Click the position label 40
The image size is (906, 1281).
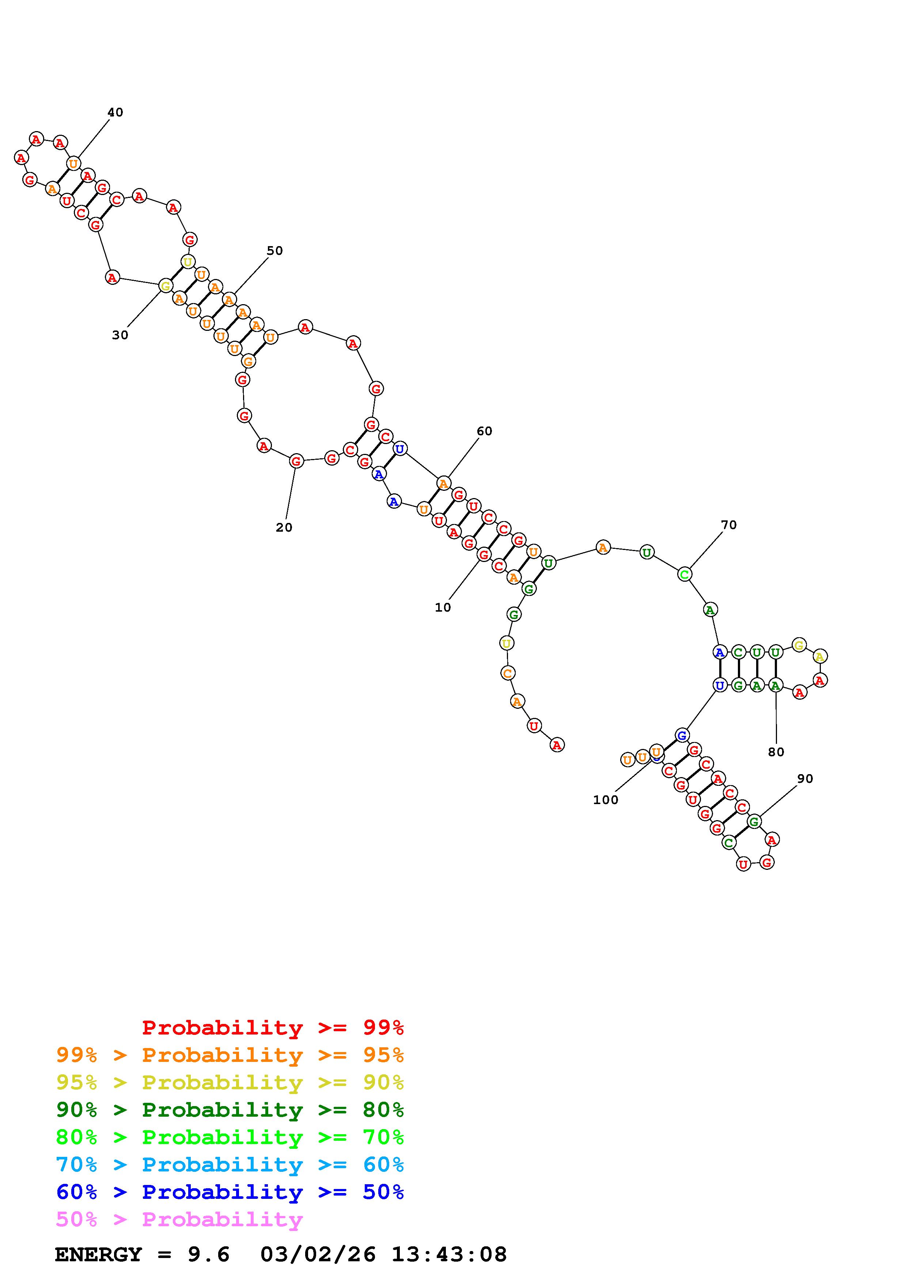[115, 112]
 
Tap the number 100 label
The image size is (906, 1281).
[606, 799]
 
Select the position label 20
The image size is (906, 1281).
[284, 527]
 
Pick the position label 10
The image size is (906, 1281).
[443, 608]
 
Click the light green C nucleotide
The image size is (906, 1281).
[685, 574]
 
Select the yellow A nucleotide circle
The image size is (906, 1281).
[819, 656]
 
